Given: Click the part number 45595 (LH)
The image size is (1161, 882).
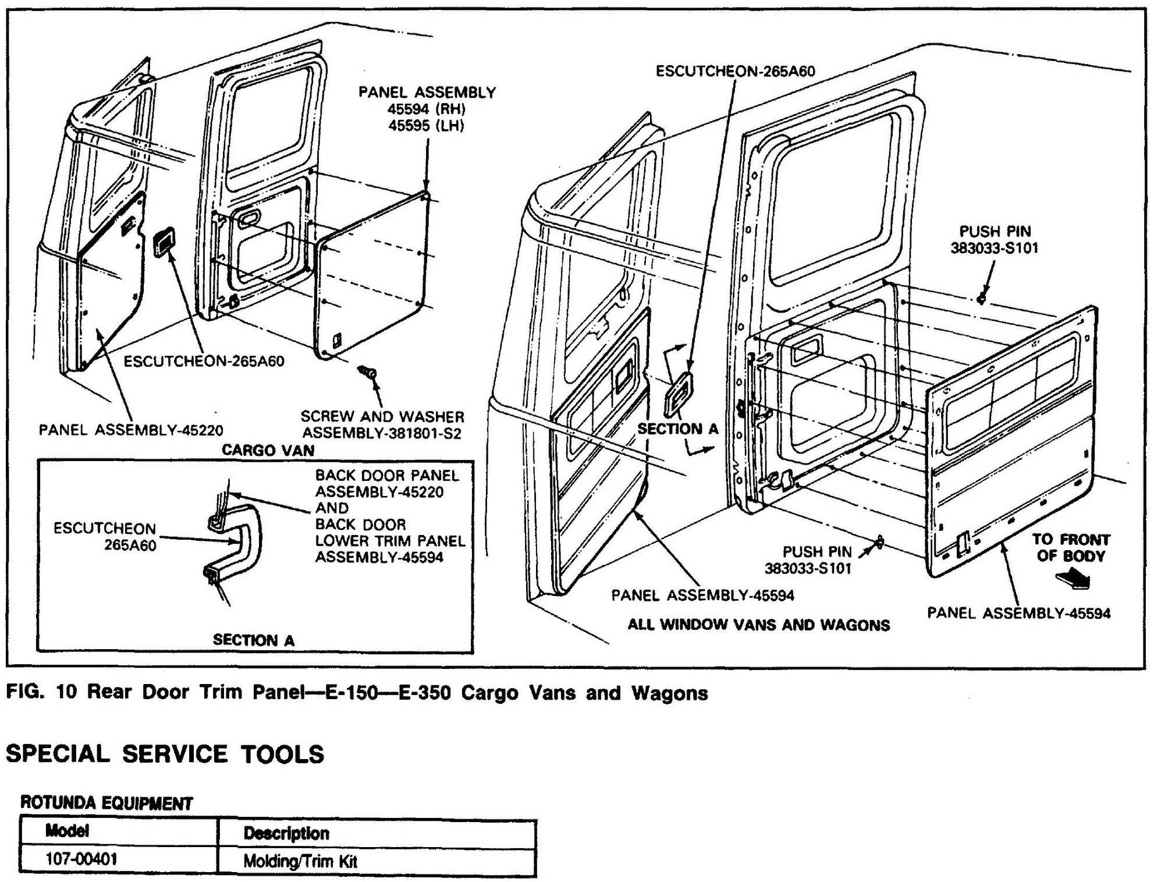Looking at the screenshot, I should point(427,126).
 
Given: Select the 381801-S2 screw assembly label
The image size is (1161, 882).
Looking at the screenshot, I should point(382,433).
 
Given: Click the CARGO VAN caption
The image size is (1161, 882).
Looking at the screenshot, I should point(268,450).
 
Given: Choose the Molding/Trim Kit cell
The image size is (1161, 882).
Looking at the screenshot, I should point(300,860).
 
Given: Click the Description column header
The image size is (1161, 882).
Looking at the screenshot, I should point(286,833).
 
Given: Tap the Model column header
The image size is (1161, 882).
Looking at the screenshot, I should point(67,831).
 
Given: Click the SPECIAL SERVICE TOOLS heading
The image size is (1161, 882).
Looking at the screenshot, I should point(165,753).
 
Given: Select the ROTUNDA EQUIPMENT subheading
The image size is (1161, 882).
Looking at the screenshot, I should point(106,803).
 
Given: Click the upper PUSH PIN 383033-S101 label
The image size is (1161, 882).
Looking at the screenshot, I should point(994,240).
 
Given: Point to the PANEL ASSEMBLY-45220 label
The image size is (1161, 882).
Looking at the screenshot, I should point(131,430).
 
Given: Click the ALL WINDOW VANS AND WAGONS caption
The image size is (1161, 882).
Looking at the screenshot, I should point(758,625).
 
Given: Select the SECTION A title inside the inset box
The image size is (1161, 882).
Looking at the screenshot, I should point(254,640).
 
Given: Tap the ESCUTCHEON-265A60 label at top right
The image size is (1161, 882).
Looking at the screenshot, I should point(735,71).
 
